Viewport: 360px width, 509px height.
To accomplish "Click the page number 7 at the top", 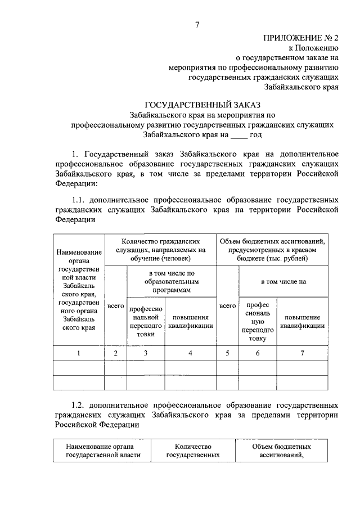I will click(197, 24).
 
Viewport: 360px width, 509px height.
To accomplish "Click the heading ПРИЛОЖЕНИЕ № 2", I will click(301, 38).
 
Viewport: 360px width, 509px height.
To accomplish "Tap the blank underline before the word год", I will click(238, 135).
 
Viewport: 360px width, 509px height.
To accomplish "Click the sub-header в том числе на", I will click(283, 281).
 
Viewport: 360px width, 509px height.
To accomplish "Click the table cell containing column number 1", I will click(79, 353).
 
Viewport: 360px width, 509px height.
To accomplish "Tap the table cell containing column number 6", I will click(258, 353).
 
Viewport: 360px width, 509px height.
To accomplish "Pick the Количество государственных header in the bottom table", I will click(192, 451).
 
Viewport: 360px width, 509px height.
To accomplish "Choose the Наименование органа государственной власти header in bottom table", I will click(103, 451).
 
